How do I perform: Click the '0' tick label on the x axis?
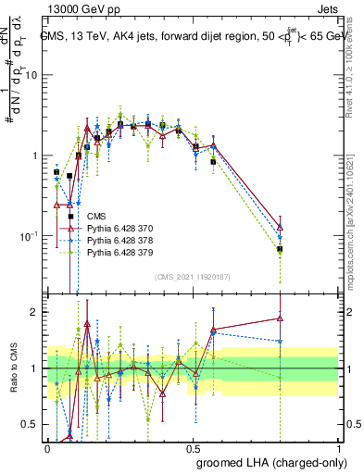coord(47,448)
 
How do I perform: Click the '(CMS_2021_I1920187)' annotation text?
coord(192,276)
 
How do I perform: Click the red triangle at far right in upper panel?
coord(280,227)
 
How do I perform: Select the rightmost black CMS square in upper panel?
coord(280,249)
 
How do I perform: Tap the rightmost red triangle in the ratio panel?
coord(280,318)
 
